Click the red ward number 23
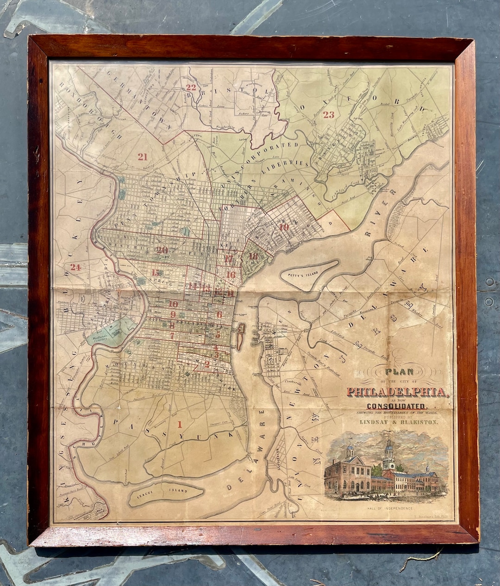(x=329, y=115)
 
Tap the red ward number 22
(x=191, y=87)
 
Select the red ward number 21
(x=142, y=157)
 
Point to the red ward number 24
(x=75, y=267)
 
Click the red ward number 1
(x=180, y=423)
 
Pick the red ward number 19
(x=284, y=227)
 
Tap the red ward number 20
(x=162, y=250)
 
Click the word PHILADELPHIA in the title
(x=396, y=392)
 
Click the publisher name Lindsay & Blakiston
(x=397, y=422)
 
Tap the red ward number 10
(x=173, y=304)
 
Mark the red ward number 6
(x=219, y=315)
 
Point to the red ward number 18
(x=253, y=256)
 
